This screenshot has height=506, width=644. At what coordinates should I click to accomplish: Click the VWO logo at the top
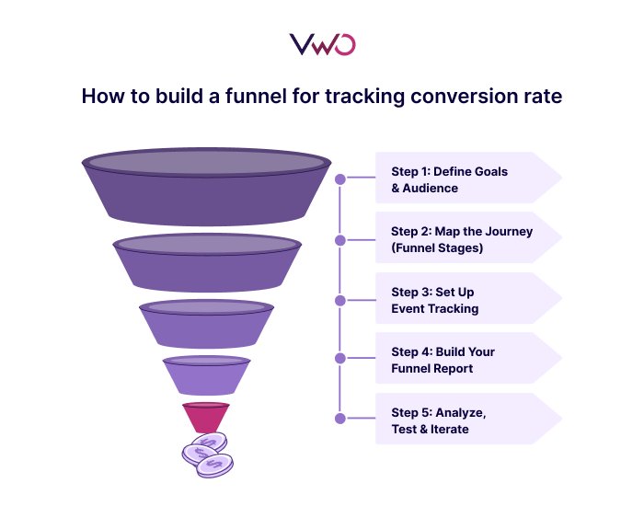point(322,44)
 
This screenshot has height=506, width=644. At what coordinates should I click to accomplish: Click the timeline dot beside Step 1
point(340,179)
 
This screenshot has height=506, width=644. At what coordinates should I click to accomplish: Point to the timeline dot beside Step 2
point(340,240)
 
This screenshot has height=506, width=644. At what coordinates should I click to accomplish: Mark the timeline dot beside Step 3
point(340,300)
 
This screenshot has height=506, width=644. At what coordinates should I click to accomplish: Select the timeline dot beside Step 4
point(340,358)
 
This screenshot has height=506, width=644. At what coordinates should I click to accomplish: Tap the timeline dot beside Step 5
point(340,418)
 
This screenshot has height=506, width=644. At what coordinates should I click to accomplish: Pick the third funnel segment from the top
point(206,322)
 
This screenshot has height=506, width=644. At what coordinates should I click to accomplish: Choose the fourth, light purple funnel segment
point(206,375)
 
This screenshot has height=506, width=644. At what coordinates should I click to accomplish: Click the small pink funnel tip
point(205,417)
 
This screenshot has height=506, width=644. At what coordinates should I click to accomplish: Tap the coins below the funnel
point(207,454)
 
